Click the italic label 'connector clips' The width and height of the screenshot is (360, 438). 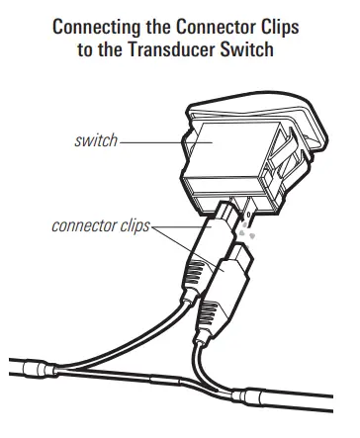click(x=99, y=226)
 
